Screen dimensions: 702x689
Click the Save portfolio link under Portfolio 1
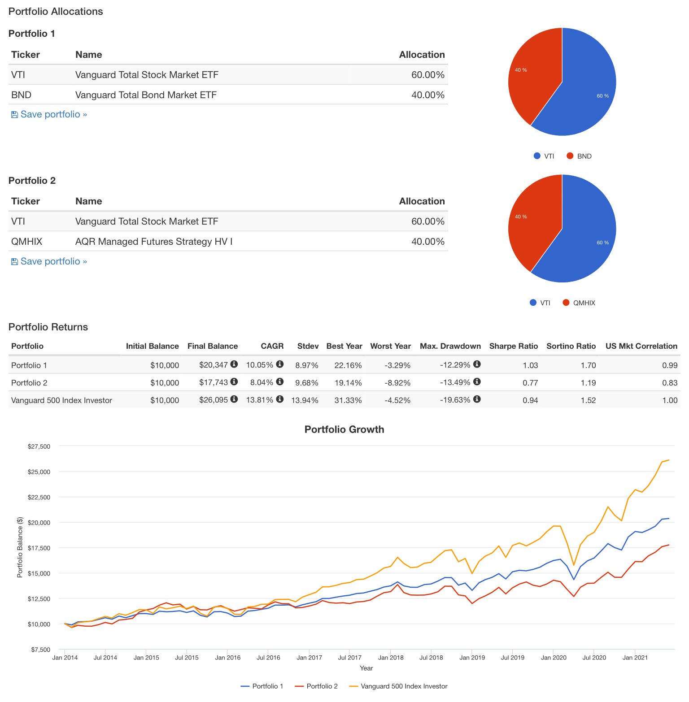point(49,114)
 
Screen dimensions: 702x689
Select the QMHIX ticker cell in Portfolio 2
point(26,242)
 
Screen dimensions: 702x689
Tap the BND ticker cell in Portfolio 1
point(21,95)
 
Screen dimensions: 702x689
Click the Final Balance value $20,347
point(214,365)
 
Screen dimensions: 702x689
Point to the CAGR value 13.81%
point(259,400)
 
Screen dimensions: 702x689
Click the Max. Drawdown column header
point(450,346)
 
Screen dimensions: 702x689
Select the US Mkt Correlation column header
point(641,346)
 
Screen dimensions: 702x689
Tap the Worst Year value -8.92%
point(397,383)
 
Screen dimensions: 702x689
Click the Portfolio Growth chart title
point(344,429)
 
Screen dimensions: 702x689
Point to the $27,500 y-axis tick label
point(39,446)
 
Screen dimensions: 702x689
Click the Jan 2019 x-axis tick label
point(472,658)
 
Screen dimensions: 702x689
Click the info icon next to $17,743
point(234,381)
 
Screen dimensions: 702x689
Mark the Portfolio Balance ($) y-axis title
point(20,547)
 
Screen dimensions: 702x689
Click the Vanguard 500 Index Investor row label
point(61,400)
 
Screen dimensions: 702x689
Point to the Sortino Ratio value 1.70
point(588,365)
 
